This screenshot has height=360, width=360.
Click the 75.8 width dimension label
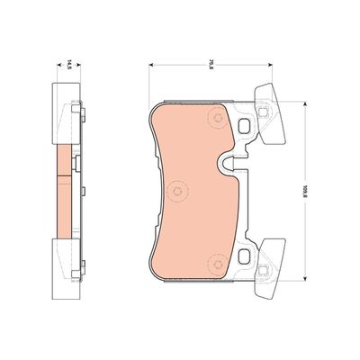pos(210,64)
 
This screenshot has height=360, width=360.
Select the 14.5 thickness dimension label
pos(64,64)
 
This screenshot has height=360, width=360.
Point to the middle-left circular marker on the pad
pos(177,190)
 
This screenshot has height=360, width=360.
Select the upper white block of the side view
pos(62,113)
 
